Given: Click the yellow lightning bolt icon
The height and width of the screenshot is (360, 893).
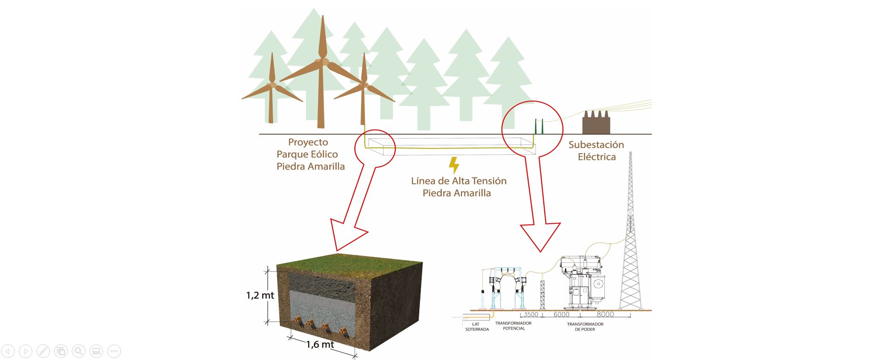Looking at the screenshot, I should coord(453,166).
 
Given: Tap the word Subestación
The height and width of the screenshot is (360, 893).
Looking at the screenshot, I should coord(596,145).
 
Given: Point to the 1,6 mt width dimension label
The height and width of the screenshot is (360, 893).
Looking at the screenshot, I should coord(320,345).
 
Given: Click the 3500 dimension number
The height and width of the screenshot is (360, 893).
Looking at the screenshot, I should coord(531,315).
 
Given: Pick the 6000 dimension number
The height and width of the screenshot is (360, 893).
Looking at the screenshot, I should coord(561,315).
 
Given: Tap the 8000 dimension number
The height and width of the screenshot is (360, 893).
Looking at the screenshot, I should coord(605,315).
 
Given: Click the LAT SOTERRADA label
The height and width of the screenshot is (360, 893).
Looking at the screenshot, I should coord(477,326).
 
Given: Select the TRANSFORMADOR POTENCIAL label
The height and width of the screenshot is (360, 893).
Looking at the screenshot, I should coord(514,326).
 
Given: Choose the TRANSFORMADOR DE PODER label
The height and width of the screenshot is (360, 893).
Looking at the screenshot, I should coord(585,326).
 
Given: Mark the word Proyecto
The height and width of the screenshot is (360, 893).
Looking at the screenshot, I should coord(308,142).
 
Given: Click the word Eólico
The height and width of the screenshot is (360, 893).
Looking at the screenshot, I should coord(322,154).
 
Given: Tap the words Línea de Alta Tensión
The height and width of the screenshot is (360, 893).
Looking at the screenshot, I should coord(459,181).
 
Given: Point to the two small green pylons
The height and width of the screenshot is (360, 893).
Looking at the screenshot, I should coord(539,126).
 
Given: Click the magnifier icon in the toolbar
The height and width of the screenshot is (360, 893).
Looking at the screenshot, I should coord(79,351).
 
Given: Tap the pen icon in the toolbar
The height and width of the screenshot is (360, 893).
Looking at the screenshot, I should coord(43,351).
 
